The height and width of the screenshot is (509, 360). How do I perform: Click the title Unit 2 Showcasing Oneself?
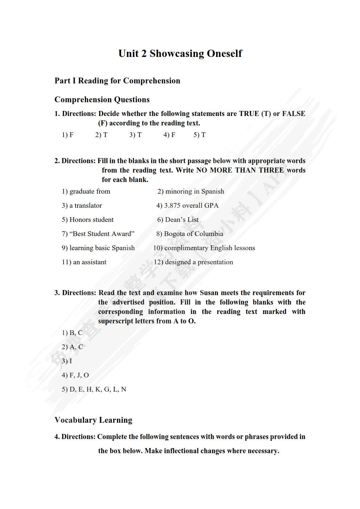(180, 54)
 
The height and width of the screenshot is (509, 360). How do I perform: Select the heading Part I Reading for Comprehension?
(117, 81)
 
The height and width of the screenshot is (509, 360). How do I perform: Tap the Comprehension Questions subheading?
(102, 100)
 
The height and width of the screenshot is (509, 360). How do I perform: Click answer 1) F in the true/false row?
(68, 135)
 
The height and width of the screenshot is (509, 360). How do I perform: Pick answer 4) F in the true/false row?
(169, 135)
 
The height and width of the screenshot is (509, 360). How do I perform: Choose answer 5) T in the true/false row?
(199, 135)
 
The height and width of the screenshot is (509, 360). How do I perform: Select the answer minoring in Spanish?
(194, 191)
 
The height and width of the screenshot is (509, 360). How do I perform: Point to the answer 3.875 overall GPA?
(191, 206)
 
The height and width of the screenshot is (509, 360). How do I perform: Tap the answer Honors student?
(91, 220)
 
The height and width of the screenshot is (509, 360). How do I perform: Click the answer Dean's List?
(182, 220)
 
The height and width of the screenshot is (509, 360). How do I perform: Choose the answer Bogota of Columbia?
(194, 234)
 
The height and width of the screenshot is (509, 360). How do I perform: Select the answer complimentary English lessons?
(210, 248)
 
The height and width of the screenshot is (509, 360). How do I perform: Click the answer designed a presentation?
(199, 262)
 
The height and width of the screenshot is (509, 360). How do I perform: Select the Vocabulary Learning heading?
(93, 420)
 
